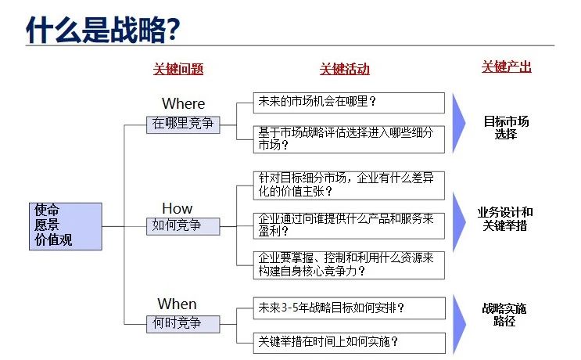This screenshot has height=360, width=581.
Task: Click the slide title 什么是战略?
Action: click(103, 29)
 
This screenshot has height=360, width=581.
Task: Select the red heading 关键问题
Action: click(178, 69)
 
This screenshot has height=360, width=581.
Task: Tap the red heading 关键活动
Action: click(345, 69)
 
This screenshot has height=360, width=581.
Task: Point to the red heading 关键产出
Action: click(507, 67)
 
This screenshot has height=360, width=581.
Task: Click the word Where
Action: click(184, 103)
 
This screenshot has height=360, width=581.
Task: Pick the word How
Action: click(178, 208)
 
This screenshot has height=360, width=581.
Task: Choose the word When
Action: click(177, 304)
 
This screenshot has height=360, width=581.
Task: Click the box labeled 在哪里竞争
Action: click(183, 124)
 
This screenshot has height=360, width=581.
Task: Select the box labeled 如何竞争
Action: click(183, 226)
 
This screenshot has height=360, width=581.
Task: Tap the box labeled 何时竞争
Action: click(183, 324)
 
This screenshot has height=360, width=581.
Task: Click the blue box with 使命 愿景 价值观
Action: click(66, 226)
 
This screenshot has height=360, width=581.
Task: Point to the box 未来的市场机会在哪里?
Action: click(349, 103)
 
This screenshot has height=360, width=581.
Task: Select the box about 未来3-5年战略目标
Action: click(349, 308)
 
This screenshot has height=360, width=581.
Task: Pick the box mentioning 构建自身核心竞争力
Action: click(349, 265)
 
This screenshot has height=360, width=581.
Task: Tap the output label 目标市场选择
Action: click(506, 127)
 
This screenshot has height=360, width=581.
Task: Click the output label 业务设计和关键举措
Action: click(505, 219)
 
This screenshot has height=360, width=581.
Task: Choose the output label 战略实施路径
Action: click(504, 315)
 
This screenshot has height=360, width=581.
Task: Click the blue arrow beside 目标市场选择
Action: click(459, 123)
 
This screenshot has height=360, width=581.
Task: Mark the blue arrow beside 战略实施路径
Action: click(459, 325)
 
